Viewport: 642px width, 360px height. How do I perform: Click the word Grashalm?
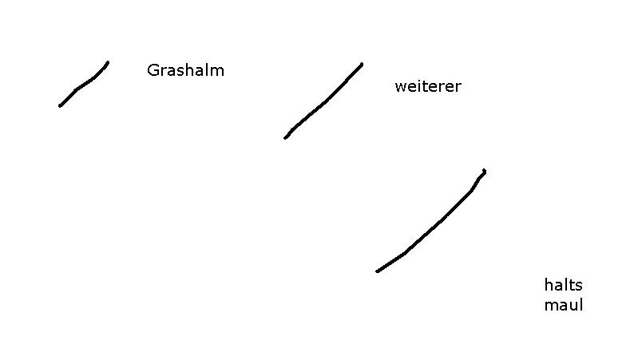click(185, 70)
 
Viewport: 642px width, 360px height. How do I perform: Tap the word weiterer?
click(427, 87)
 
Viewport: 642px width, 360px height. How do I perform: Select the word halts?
click(563, 285)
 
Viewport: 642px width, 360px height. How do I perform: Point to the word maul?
click(564, 305)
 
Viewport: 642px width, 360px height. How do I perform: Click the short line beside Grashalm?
click(83, 84)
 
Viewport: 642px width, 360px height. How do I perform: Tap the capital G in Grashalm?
click(153, 70)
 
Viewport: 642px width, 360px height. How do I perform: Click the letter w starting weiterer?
click(400, 88)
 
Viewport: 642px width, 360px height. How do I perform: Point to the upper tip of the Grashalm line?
click(108, 62)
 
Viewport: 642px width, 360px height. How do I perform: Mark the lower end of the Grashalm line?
click(60, 105)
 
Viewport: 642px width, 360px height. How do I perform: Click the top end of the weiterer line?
click(362, 64)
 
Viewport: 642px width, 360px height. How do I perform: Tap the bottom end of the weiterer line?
click(285, 138)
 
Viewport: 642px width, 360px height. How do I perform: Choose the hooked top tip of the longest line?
click(484, 171)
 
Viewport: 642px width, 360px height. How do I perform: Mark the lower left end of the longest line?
click(378, 271)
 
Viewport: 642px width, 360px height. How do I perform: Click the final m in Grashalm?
click(218, 71)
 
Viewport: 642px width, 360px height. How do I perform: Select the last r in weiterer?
click(458, 88)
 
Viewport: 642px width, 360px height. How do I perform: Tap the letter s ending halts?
click(579, 286)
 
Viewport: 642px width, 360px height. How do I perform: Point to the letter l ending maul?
click(581, 305)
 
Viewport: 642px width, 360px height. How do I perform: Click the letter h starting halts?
click(549, 285)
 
